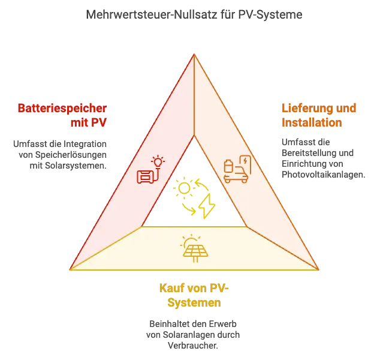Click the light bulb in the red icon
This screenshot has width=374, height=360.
(x=158, y=162)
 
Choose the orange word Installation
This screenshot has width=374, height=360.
(x=312, y=124)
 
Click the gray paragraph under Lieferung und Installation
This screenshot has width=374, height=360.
(x=321, y=158)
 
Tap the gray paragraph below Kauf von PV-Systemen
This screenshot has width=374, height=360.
(x=194, y=333)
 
